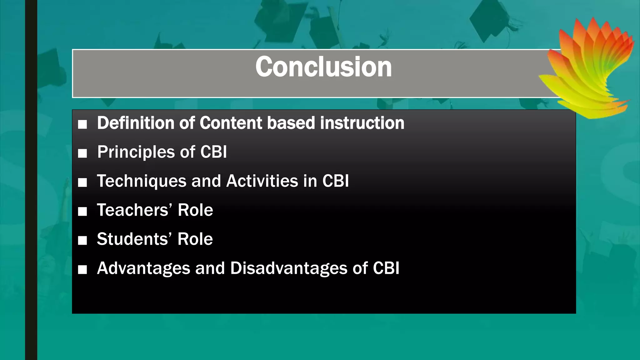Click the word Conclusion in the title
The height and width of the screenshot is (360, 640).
click(323, 67)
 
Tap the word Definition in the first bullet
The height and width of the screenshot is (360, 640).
click(135, 123)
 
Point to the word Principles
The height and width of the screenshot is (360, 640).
click(136, 152)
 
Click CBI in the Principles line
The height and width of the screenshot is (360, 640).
click(213, 152)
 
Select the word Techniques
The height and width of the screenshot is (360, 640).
click(142, 181)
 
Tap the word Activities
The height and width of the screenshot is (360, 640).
click(262, 181)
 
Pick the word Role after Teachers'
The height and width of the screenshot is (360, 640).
click(195, 210)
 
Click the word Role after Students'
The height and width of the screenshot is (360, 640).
click(195, 239)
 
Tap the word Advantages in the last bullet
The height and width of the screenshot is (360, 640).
click(143, 268)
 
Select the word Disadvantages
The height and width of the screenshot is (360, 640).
click(289, 268)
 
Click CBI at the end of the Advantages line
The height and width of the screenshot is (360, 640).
click(386, 268)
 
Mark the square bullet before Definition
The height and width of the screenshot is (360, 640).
click(82, 124)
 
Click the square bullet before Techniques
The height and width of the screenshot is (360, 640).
click(82, 182)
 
